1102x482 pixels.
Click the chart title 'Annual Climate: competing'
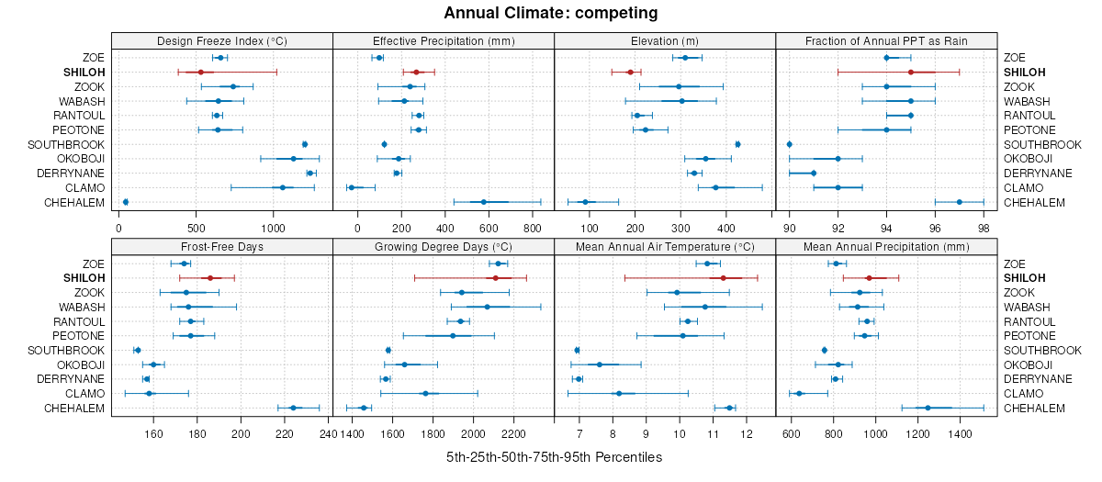pyautogui.click(x=550, y=13)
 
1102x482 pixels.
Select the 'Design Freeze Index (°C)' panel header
pyautogui.click(x=221, y=41)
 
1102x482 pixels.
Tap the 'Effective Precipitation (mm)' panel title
pyautogui.click(x=444, y=41)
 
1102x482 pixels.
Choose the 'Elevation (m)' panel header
pyautogui.click(x=665, y=41)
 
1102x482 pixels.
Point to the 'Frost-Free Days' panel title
pyautogui.click(x=221, y=247)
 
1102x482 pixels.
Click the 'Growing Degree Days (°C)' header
pyautogui.click(x=444, y=247)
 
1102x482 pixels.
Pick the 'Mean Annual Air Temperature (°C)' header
pyautogui.click(x=665, y=247)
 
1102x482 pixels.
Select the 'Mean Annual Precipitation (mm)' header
pyautogui.click(x=886, y=247)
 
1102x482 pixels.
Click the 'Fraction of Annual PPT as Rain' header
pyautogui.click(x=886, y=41)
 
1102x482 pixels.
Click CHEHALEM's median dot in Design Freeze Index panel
pyautogui.click(x=126, y=202)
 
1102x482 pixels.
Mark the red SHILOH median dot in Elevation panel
pyautogui.click(x=630, y=72)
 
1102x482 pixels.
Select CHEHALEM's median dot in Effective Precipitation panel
pyautogui.click(x=484, y=202)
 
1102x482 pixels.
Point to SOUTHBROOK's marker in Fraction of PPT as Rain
pyautogui.click(x=790, y=144)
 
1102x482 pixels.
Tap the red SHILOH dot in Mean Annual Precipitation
pyautogui.click(x=869, y=277)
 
